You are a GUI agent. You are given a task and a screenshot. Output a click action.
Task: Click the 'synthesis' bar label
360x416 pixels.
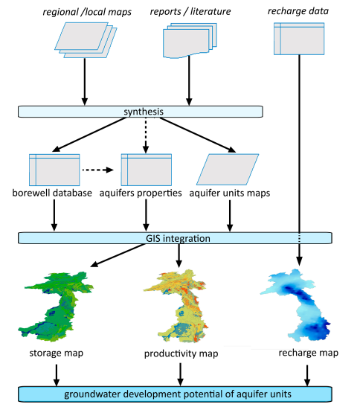point(144,112)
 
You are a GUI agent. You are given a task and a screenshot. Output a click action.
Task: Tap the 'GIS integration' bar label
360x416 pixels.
point(178,238)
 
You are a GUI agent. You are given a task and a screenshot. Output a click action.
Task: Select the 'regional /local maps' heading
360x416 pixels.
point(87,12)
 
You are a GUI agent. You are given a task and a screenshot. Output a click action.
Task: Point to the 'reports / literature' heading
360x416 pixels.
point(190,11)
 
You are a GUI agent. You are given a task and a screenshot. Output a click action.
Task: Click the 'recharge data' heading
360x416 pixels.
point(298,11)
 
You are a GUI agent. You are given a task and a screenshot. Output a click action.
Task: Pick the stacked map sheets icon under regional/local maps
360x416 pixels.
point(86,40)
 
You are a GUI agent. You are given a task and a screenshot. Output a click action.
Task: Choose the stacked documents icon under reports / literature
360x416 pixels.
point(190,40)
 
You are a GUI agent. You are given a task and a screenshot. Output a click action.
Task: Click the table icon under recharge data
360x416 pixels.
point(299,39)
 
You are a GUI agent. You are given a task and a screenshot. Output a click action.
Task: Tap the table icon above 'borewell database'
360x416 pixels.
point(54,170)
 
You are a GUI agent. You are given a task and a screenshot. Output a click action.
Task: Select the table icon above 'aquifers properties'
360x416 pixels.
point(147,170)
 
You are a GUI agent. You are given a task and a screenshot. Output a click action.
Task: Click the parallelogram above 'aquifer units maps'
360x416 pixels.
point(228,169)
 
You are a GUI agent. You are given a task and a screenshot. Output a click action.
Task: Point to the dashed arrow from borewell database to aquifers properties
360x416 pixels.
point(98,170)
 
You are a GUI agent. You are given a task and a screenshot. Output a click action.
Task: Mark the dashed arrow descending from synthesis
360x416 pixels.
point(146,135)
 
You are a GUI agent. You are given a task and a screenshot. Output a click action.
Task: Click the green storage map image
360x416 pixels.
point(56,306)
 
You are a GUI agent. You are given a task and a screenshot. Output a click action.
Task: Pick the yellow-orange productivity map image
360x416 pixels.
point(176,306)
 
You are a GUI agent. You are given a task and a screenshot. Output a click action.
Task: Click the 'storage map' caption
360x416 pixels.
point(57,353)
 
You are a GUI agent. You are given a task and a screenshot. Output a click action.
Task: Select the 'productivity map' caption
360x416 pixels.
point(181,353)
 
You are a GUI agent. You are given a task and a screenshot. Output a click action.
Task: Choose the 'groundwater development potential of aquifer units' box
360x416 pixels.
point(175,394)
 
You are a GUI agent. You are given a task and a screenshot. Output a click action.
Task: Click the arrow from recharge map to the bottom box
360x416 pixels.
point(307,375)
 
